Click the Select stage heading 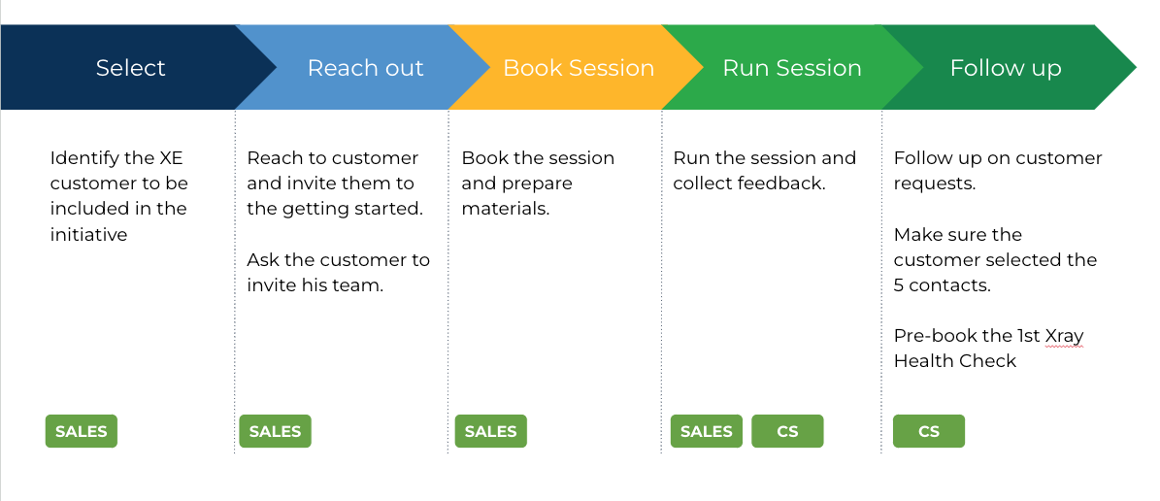pyautogui.click(x=130, y=68)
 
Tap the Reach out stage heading pyautogui.click(x=365, y=68)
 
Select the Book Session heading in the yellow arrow pyautogui.click(x=579, y=68)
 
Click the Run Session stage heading pyautogui.click(x=791, y=68)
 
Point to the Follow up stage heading pyautogui.click(x=1006, y=69)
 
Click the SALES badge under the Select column pyautogui.click(x=82, y=431)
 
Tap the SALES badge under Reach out pyautogui.click(x=276, y=431)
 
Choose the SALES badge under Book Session pyautogui.click(x=490, y=431)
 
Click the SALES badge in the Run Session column pyautogui.click(x=707, y=431)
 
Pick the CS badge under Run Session pyautogui.click(x=788, y=431)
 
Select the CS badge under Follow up pyautogui.click(x=928, y=431)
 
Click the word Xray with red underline pyautogui.click(x=1064, y=337)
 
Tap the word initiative pyautogui.click(x=88, y=235)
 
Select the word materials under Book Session pyautogui.click(x=506, y=210)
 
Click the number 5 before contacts pyautogui.click(x=899, y=285)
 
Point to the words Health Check pyautogui.click(x=955, y=361)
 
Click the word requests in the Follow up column pyautogui.click(x=935, y=184)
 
